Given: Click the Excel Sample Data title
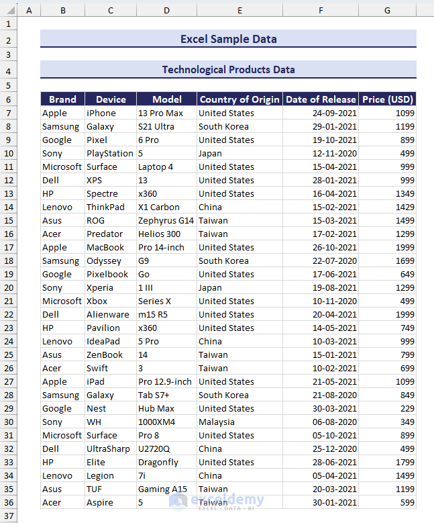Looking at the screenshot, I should click(228, 39).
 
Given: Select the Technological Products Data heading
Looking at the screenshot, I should click(228, 69).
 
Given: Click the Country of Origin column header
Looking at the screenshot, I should click(239, 99).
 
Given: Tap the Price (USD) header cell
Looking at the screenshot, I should click(387, 99).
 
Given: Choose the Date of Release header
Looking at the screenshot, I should click(321, 99).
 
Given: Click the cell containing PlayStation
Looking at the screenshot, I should click(110, 153).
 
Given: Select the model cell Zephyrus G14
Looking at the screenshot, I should click(166, 220).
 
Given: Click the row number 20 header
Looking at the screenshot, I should click(8, 287).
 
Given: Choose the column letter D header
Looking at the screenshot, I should click(166, 10).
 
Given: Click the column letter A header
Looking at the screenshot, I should click(29, 10).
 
